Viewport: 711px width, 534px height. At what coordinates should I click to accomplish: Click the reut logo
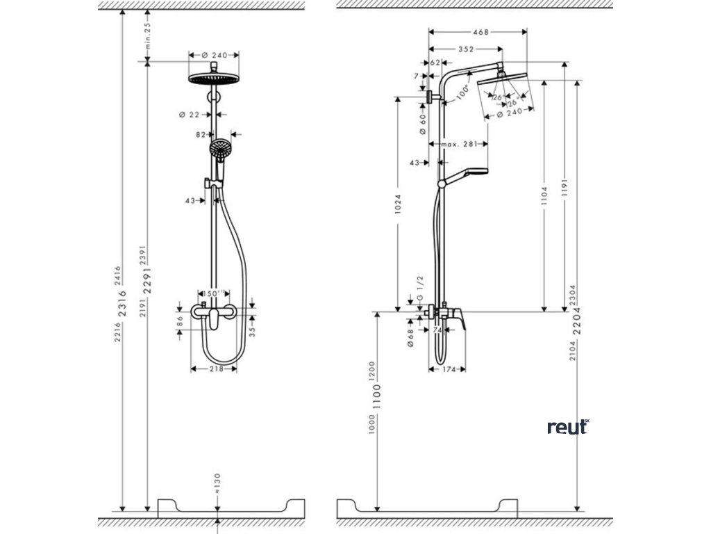(567, 427)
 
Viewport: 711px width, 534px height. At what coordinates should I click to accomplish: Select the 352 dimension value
(465, 49)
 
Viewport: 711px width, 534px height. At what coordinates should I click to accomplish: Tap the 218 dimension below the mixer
(216, 369)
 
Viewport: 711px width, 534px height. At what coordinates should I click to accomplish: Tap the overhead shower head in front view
(213, 78)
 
